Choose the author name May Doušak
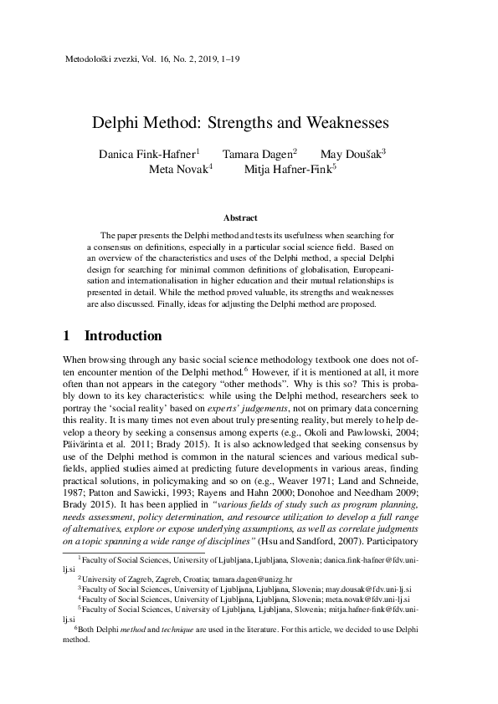pyautogui.click(x=351, y=155)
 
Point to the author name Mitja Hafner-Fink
pyautogui.click(x=288, y=169)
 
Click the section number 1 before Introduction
pyautogui.click(x=67, y=336)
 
